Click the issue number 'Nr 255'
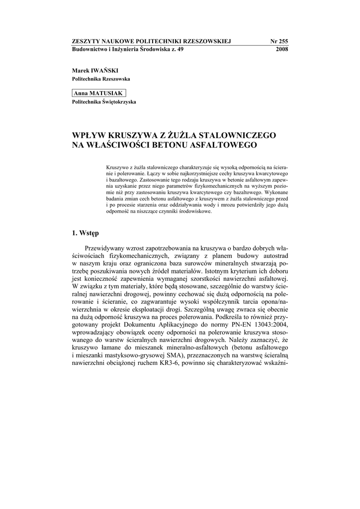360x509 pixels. point(279,41)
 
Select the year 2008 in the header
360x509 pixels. point(281,49)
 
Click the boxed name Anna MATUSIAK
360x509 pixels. point(98,93)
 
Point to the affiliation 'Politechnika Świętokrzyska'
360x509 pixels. point(104,102)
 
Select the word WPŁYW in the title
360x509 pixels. point(88,135)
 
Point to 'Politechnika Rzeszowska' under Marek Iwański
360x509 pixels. point(101,80)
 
